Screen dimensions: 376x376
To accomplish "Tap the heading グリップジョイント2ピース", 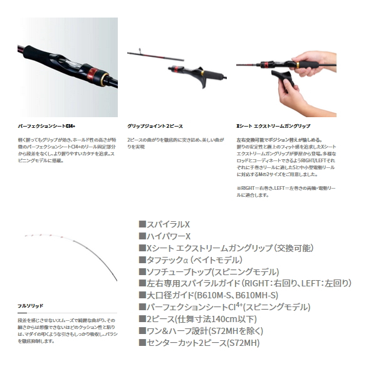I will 155,126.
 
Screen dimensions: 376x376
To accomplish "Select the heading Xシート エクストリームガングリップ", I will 273,126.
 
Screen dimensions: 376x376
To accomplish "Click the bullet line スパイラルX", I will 164,224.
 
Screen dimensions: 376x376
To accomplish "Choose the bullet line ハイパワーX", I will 164,236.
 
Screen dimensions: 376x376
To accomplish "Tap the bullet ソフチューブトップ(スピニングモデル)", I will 208,271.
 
